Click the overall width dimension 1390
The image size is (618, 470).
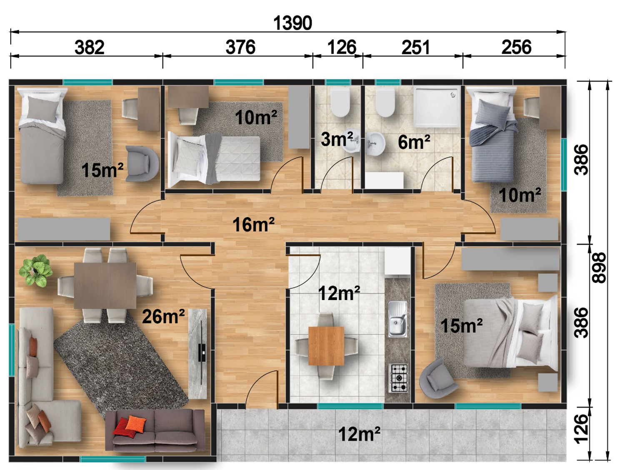293,23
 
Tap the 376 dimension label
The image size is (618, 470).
240,47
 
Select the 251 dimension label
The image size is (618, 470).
415,47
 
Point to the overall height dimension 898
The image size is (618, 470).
598,267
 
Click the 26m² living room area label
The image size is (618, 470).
164,316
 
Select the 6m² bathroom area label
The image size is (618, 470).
414,142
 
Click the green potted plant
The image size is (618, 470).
36,270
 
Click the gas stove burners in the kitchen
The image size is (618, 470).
398,378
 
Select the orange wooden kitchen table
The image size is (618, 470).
326,346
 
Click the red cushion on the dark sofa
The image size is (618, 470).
124,427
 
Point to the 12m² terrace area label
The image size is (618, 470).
359,434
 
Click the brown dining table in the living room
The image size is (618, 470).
105,286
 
